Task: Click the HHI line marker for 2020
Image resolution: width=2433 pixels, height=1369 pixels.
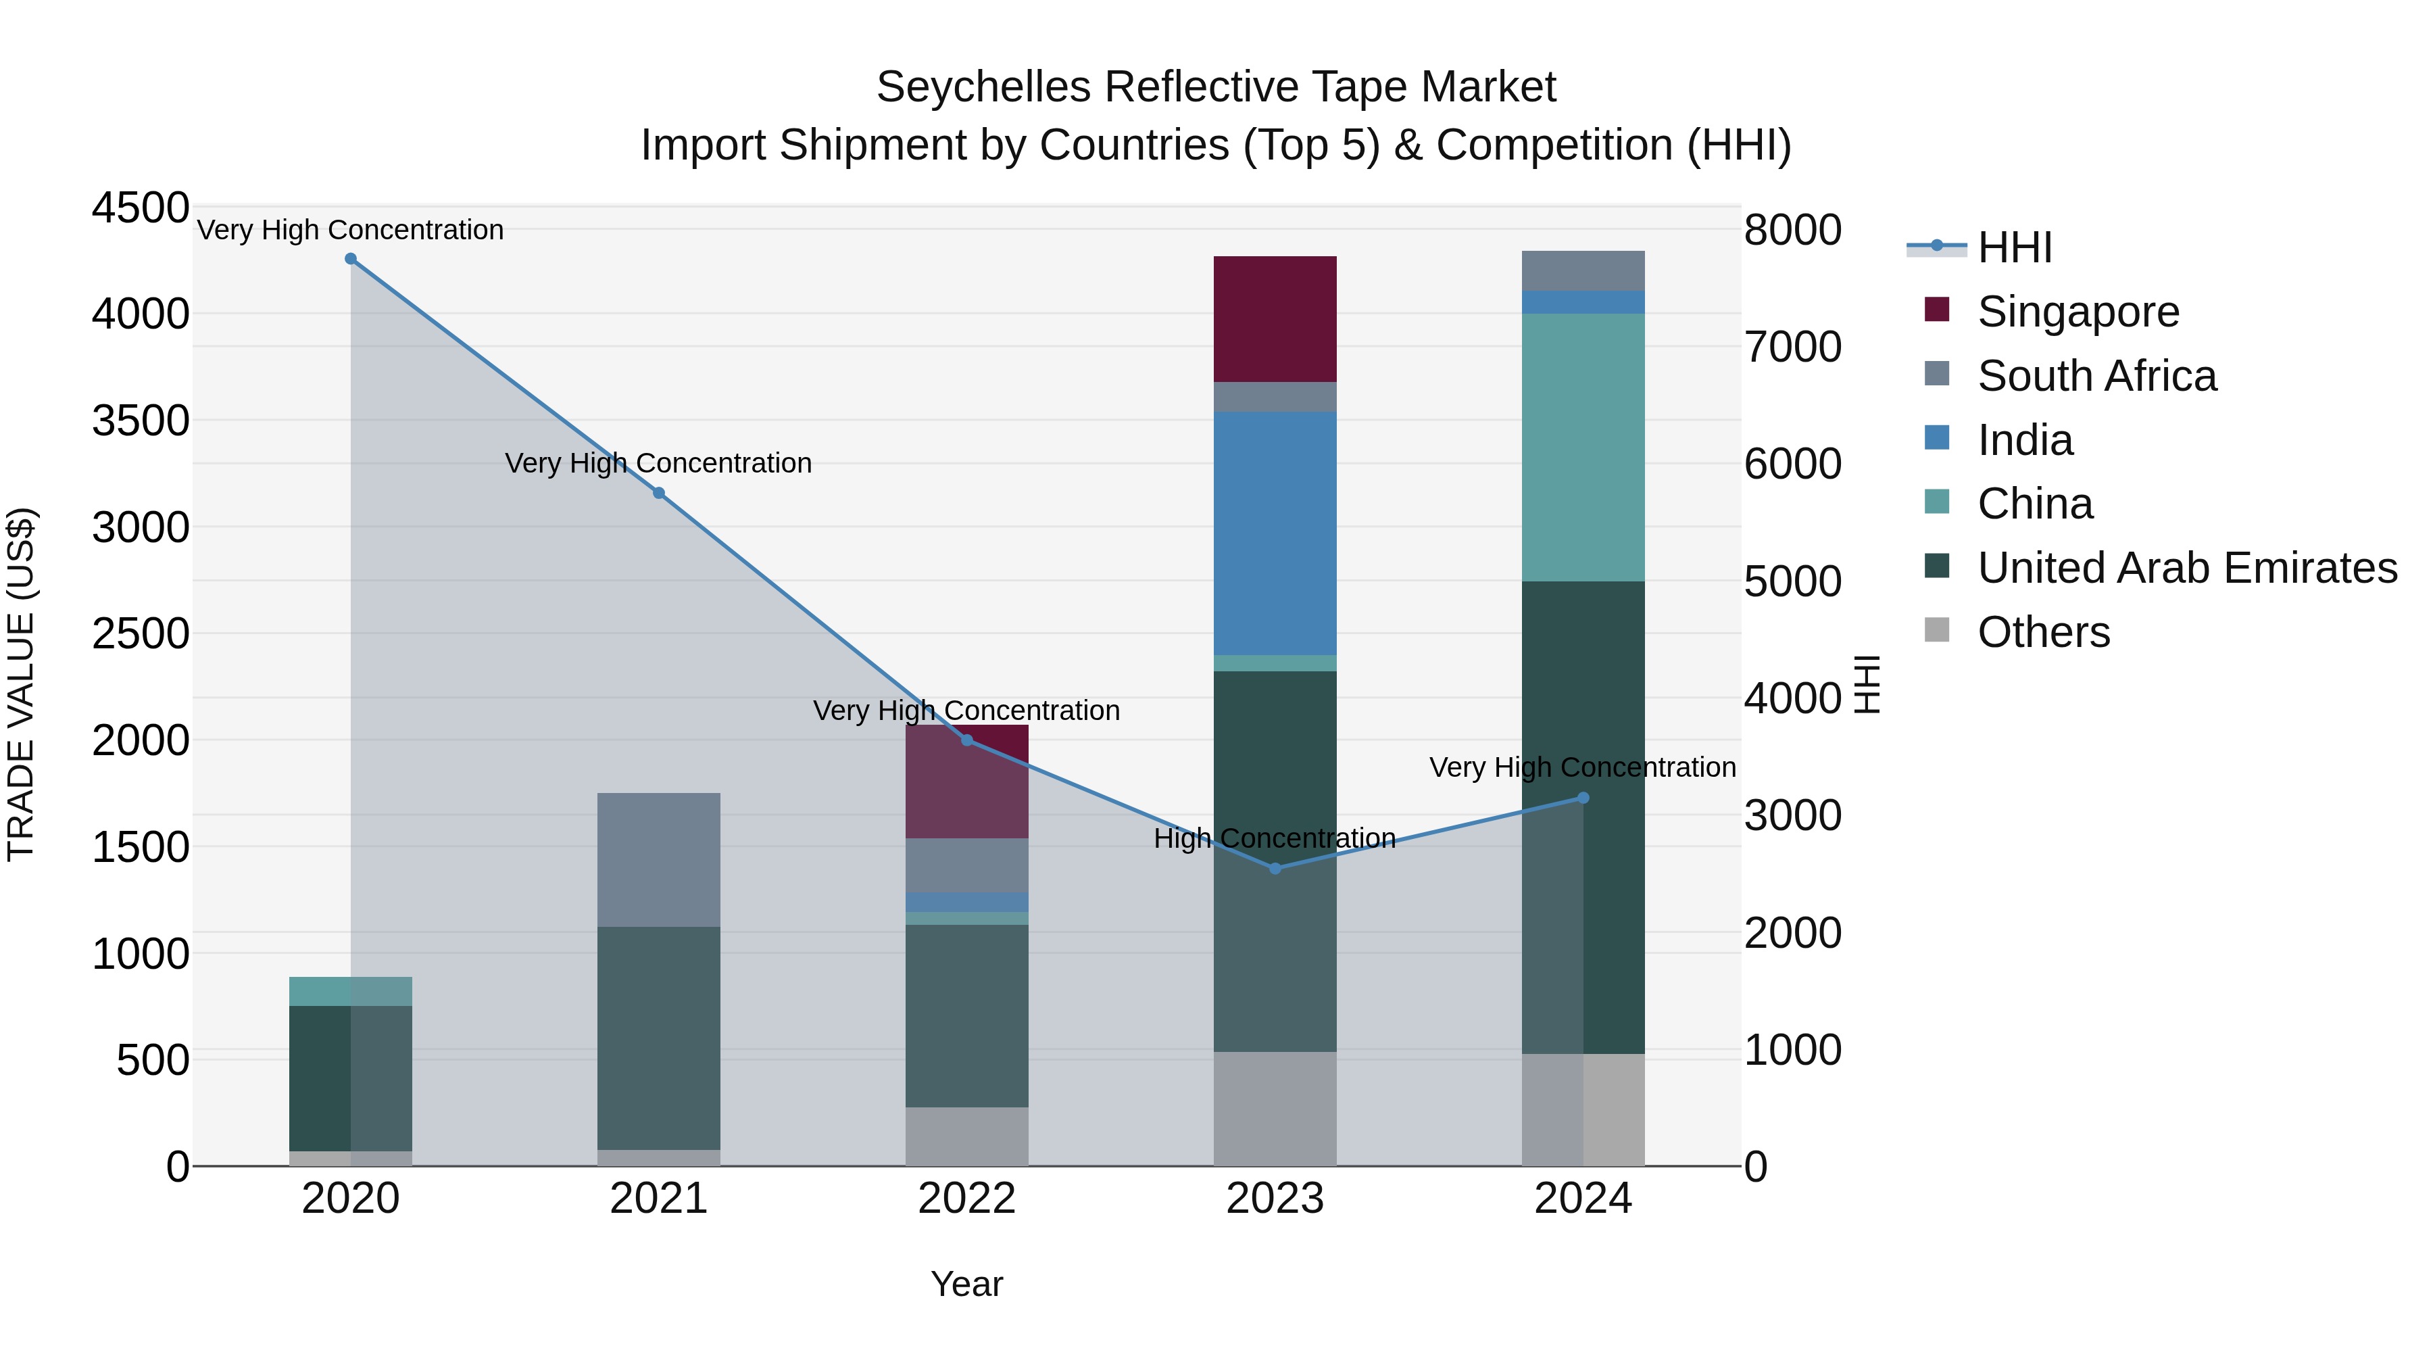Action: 350,259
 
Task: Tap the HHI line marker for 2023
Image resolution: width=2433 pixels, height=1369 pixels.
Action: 1275,868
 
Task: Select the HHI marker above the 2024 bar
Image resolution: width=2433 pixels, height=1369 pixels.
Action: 1584,798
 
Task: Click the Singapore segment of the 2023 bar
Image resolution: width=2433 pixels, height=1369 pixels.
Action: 1275,318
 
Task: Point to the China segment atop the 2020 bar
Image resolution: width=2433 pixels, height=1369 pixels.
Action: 350,991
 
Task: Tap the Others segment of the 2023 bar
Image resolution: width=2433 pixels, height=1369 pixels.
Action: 1275,1108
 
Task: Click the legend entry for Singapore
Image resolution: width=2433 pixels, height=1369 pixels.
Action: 2078,312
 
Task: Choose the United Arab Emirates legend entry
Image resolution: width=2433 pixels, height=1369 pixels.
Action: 2186,568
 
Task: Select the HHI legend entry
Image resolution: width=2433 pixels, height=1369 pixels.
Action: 2014,247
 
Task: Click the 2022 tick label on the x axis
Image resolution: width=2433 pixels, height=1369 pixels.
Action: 966,1199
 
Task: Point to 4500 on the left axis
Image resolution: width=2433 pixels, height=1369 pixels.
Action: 140,207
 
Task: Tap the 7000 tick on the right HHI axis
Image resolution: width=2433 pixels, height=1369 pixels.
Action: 1792,347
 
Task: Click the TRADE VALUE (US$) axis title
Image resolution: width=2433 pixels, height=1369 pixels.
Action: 21,684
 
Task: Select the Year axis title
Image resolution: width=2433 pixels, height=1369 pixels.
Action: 966,1284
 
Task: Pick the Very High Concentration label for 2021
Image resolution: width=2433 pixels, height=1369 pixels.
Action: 658,463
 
